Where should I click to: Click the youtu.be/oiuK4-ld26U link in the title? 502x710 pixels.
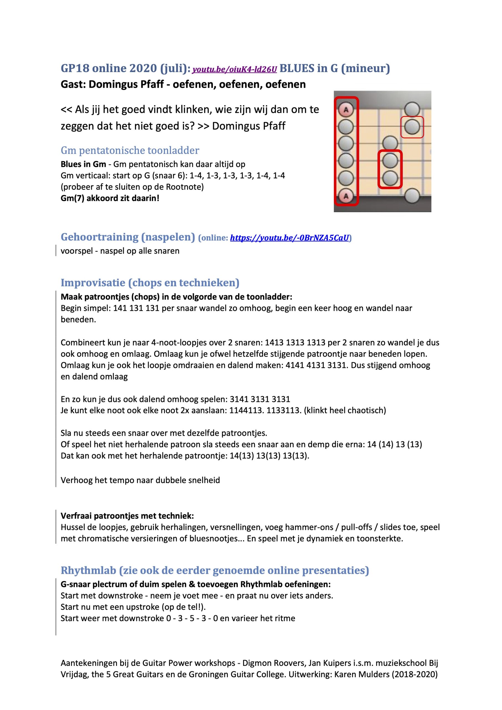coord(234,69)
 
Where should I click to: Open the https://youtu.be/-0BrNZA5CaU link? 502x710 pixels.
coord(290,238)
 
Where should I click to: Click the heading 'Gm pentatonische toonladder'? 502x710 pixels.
coord(130,150)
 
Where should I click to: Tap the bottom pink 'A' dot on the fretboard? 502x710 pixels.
coord(346,196)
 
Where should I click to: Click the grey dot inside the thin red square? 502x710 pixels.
coord(412,127)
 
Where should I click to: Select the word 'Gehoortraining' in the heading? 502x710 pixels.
coord(100,237)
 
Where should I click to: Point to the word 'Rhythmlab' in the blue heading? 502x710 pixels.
coord(88,570)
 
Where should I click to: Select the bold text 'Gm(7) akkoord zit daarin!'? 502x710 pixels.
coord(110,198)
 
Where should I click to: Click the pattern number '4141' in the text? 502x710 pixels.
coord(295,365)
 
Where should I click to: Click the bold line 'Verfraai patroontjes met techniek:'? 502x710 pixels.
coord(127,516)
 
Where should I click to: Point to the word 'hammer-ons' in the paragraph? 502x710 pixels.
coord(314,527)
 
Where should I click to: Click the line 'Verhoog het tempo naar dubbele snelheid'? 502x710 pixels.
coord(140,480)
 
